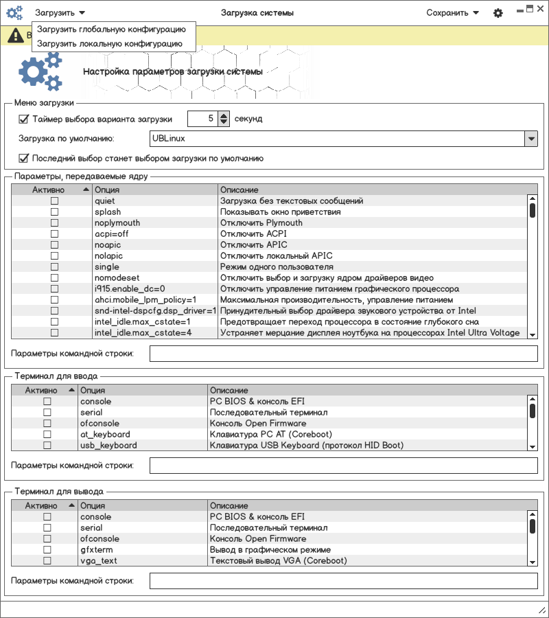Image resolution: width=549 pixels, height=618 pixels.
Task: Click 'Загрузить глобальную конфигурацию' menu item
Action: pyautogui.click(x=112, y=30)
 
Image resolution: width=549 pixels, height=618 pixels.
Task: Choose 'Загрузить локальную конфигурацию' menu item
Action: pyautogui.click(x=110, y=43)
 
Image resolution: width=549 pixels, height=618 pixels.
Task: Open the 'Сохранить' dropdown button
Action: pyautogui.click(x=452, y=12)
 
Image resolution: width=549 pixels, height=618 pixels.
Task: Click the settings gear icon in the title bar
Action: pyautogui.click(x=498, y=13)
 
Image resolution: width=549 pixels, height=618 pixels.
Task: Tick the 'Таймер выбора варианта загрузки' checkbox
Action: pyautogui.click(x=24, y=119)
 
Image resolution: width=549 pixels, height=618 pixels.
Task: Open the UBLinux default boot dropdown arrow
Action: pyautogui.click(x=530, y=139)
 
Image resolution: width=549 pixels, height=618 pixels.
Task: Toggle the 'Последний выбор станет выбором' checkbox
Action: pyautogui.click(x=24, y=158)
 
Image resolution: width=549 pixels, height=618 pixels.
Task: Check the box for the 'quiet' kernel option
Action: pyautogui.click(x=54, y=201)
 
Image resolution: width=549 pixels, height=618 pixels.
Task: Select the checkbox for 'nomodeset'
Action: pyautogui.click(x=54, y=278)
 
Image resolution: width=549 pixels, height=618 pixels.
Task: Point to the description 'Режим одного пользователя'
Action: pyautogui.click(x=277, y=267)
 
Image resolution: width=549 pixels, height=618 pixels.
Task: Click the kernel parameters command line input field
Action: pyautogui.click(x=343, y=354)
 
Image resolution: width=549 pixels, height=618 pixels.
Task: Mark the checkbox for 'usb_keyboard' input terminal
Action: pyautogui.click(x=47, y=446)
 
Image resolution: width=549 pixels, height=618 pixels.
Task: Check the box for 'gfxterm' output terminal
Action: pyautogui.click(x=47, y=550)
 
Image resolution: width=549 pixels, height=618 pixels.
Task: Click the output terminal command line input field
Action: pyautogui.click(x=343, y=581)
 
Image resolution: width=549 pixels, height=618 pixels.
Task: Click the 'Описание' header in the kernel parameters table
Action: pyautogui.click(x=240, y=190)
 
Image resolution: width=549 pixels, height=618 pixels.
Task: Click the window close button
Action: pyautogui.click(x=539, y=9)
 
